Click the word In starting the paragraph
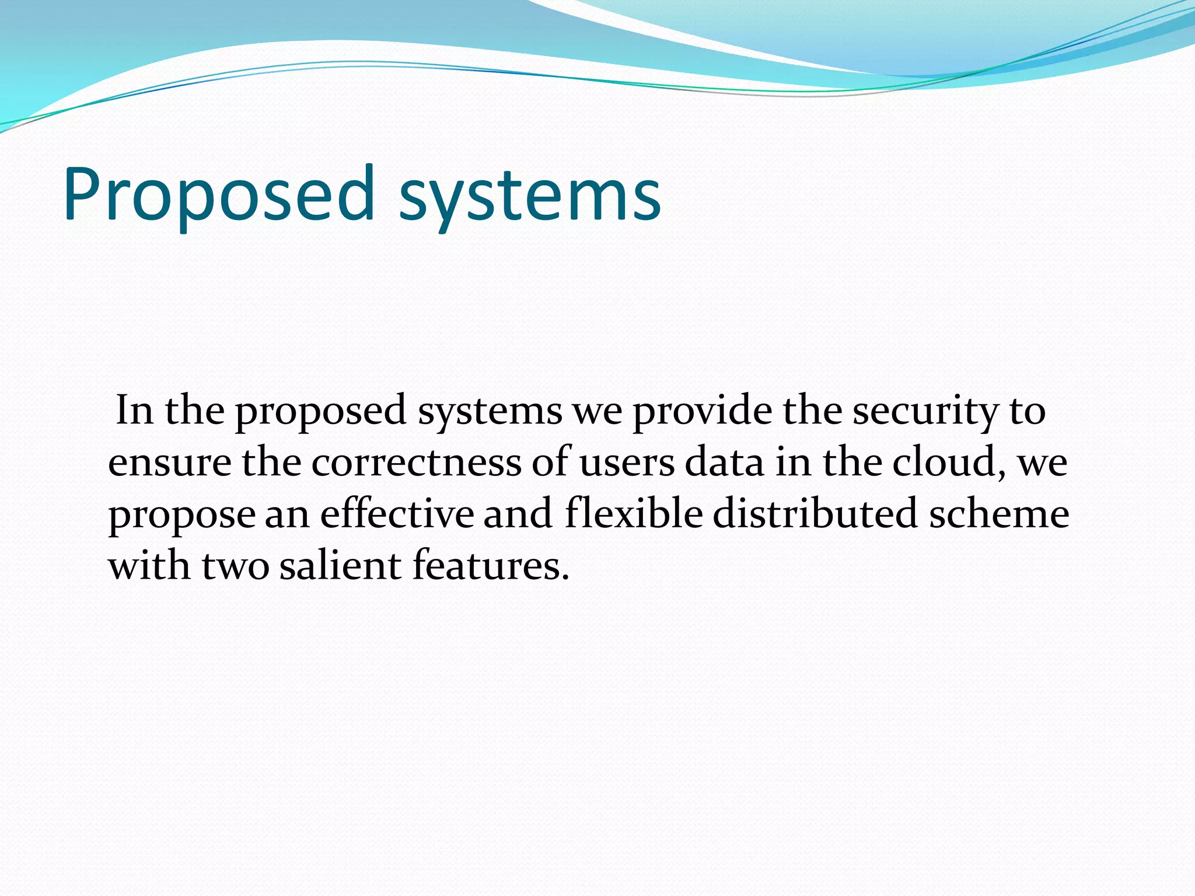click(x=135, y=410)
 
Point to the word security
click(x=926, y=411)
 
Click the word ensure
click(x=170, y=463)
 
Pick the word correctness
click(x=416, y=462)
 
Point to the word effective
click(x=397, y=514)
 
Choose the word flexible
click(x=634, y=514)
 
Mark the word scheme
click(x=999, y=514)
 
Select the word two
click(x=236, y=566)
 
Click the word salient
click(x=341, y=565)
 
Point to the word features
click(x=490, y=565)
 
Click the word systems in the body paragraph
click(x=490, y=411)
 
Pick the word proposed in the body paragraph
click(x=321, y=411)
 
